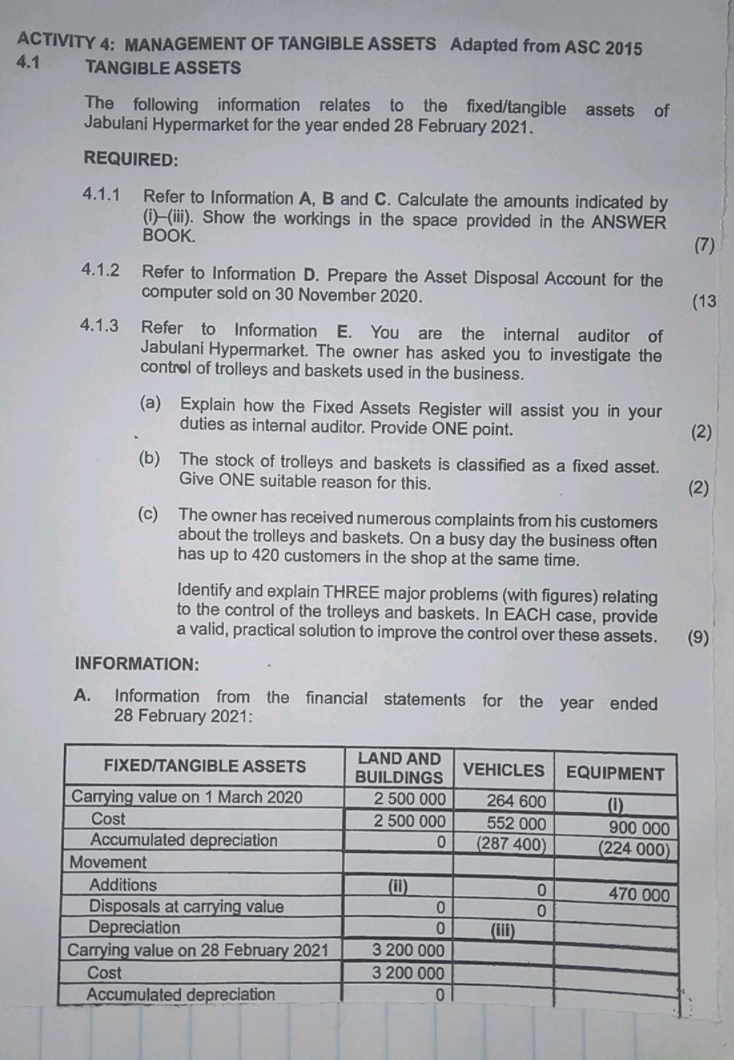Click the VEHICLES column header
point(503,770)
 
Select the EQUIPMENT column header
point(615,774)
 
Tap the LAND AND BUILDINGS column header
point(399,768)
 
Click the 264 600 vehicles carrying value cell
point(516,801)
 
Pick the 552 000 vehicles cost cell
point(516,823)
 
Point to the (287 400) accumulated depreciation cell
point(511,845)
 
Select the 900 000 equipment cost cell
point(639,828)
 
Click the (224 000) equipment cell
point(633,849)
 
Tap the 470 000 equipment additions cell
point(638,894)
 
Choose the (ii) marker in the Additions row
point(397,887)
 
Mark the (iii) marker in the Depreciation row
point(502,931)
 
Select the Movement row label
point(108,862)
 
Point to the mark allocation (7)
point(704,246)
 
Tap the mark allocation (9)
point(698,638)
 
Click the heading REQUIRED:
point(131,158)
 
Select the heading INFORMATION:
point(136,664)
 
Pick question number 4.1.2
point(101,271)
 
